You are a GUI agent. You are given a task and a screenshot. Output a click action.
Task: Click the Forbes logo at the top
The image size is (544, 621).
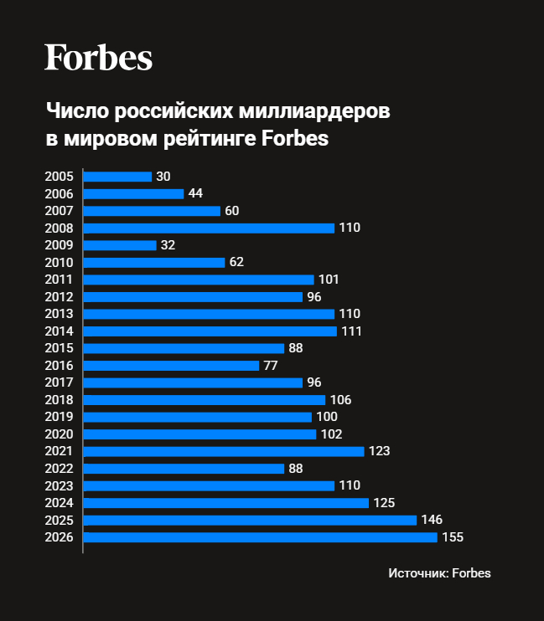(x=98, y=58)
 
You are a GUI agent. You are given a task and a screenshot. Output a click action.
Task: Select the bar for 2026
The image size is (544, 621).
(x=260, y=537)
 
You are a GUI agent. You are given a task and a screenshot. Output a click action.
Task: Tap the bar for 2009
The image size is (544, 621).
(x=120, y=245)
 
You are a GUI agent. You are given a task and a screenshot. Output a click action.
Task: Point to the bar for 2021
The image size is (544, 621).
(x=224, y=451)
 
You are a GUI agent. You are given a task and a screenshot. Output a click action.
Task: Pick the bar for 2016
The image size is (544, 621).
(x=171, y=366)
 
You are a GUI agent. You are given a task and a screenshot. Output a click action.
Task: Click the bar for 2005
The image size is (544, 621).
(x=117, y=177)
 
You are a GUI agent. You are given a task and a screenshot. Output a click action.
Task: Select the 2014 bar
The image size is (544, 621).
(x=210, y=331)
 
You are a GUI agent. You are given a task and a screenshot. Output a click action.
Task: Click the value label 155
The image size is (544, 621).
(x=453, y=537)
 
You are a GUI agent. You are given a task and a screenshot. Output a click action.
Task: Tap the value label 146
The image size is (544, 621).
(x=432, y=520)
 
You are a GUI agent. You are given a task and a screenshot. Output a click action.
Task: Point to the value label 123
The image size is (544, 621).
(x=380, y=451)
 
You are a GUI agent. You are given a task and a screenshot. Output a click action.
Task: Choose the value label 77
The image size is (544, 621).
(x=270, y=366)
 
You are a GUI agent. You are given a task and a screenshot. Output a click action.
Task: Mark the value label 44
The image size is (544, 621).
(x=195, y=193)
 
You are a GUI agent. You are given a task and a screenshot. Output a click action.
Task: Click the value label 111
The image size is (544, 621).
(x=352, y=331)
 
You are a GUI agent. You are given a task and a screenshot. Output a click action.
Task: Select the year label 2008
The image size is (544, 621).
(x=59, y=228)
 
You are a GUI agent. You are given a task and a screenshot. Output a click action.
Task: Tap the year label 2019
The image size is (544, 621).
(x=59, y=417)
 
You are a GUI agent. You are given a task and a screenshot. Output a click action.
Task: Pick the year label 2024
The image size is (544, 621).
(x=59, y=503)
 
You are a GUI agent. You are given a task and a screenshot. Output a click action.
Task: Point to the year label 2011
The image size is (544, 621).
(x=59, y=280)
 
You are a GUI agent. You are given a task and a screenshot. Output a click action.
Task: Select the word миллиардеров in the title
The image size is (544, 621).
(x=319, y=111)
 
